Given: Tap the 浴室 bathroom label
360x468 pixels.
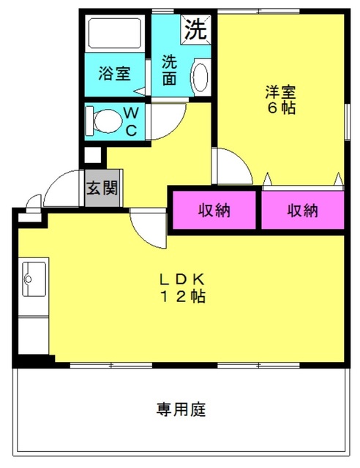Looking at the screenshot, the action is [115, 74].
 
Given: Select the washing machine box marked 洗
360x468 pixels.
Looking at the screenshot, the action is [196, 29].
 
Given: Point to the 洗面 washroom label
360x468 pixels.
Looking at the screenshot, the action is [170, 70].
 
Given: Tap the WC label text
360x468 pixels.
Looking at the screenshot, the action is [132, 122].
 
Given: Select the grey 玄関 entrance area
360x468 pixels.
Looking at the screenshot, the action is [102, 188].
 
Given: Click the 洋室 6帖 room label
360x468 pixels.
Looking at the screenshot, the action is [280, 99].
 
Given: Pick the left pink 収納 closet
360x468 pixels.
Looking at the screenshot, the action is [214, 210].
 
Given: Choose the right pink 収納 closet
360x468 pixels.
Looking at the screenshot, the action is [303, 210].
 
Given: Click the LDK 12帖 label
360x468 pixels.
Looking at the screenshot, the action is [182, 287].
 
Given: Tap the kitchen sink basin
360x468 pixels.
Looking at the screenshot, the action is [34, 279].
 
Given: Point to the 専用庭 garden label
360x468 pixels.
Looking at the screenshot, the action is [181, 409].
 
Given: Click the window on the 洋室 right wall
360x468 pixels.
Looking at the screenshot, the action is [347, 122].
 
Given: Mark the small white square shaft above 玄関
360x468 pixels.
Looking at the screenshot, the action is [93, 155].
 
